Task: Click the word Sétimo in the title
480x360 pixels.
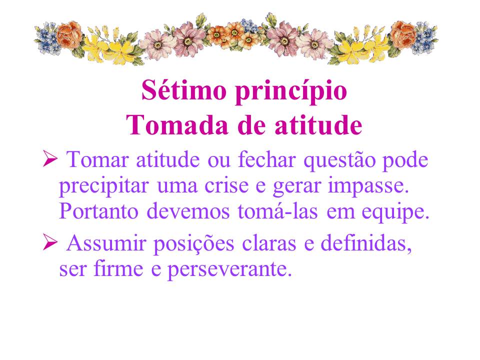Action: tap(183, 90)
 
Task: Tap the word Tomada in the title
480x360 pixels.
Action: tap(177, 124)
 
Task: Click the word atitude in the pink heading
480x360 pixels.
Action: tap(318, 124)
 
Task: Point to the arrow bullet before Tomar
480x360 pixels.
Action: tap(50, 158)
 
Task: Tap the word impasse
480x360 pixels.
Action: tap(368, 186)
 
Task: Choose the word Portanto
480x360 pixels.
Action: tap(98, 210)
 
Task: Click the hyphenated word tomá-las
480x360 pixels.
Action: tap(277, 210)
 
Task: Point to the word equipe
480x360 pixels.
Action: tap(395, 212)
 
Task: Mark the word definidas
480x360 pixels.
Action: tap(366, 243)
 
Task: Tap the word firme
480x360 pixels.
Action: tap(118, 267)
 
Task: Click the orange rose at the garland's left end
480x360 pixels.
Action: tap(69, 34)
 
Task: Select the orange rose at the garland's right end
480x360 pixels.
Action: tap(403, 34)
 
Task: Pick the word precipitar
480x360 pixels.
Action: tap(104, 186)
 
